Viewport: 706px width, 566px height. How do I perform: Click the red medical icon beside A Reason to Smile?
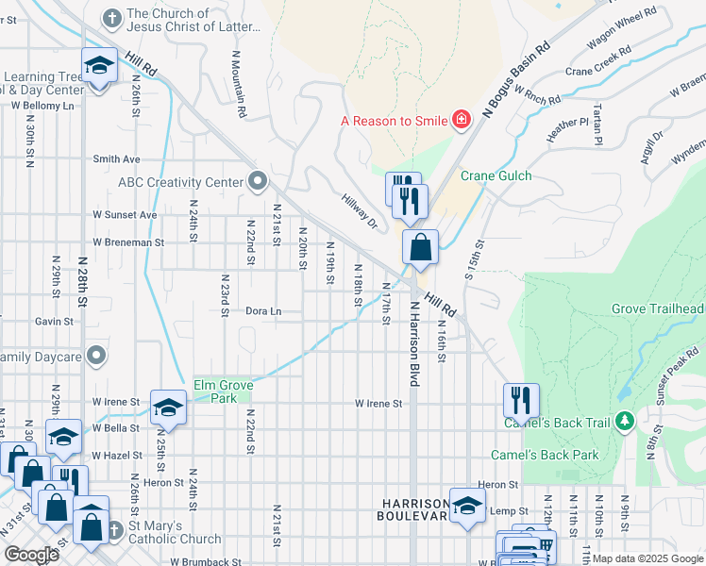click(x=461, y=120)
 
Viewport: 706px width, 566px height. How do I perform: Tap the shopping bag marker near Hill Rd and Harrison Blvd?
click(x=420, y=248)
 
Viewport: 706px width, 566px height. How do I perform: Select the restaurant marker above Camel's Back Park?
click(x=520, y=400)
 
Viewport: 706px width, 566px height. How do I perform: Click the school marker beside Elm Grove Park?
click(x=167, y=407)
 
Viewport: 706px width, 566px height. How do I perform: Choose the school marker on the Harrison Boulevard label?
click(x=467, y=505)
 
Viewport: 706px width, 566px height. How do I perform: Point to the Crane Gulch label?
click(x=496, y=175)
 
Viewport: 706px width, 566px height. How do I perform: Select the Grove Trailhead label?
click(x=658, y=308)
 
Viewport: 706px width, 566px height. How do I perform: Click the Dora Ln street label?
click(x=263, y=310)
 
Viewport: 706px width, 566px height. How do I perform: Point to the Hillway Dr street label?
click(x=359, y=210)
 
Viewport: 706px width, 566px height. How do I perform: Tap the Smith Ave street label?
click(x=115, y=159)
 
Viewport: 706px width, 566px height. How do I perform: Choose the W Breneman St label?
click(x=127, y=241)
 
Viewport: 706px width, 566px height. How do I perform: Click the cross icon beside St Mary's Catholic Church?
click(x=113, y=528)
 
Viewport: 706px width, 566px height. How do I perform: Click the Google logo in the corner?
click(x=31, y=554)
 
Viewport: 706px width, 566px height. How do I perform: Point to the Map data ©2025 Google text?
click(x=647, y=558)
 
